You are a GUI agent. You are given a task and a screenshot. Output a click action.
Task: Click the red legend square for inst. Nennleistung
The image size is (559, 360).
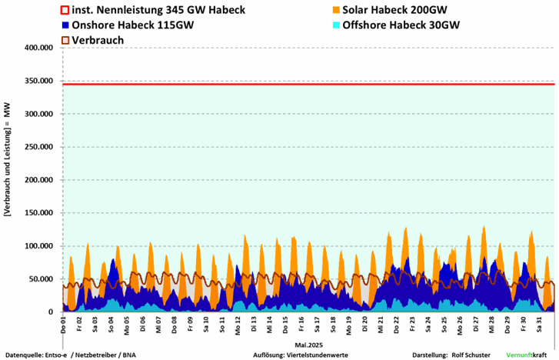pyautogui.click(x=65, y=10)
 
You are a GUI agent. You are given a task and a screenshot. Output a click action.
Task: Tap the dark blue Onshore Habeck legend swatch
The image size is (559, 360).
pyautogui.click(x=65, y=25)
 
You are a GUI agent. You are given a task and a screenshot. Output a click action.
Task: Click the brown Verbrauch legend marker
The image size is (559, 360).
pyautogui.click(x=65, y=39)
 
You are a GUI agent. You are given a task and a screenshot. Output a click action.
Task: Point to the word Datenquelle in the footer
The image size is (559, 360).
pyautogui.click(x=22, y=355)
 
